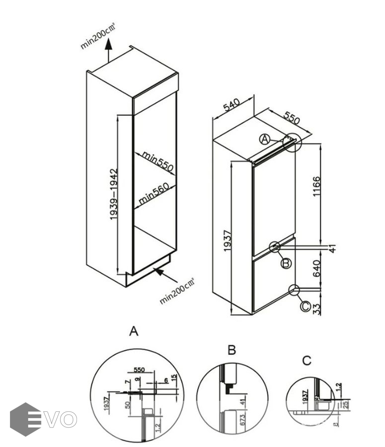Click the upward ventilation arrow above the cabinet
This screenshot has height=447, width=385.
tap(109, 51)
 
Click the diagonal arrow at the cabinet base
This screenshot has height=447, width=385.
tap(163, 275)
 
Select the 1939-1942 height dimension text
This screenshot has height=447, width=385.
tap(114, 194)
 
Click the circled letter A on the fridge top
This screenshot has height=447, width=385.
tap(265, 139)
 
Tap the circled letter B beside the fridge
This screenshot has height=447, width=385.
tap(286, 263)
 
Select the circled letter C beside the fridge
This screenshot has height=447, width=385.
tap(306, 306)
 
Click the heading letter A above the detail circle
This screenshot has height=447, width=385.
tap(133, 331)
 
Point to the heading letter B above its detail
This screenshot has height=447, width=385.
tap(231, 350)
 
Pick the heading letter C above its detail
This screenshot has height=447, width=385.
tap(307, 361)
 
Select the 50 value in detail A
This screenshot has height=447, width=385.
tap(128, 405)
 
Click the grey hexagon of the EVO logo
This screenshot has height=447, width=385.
tap(25, 419)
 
